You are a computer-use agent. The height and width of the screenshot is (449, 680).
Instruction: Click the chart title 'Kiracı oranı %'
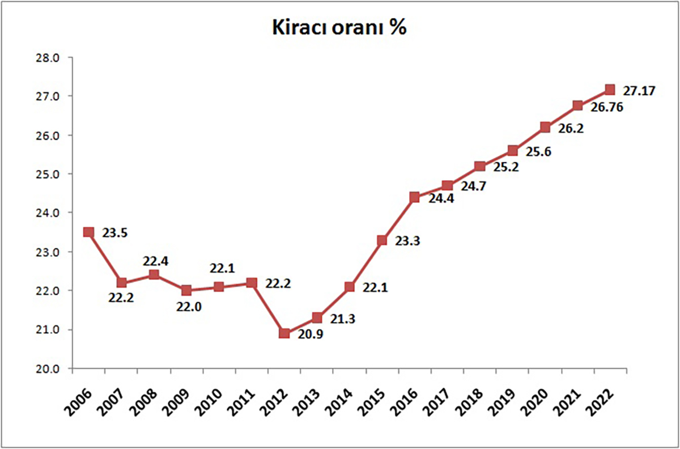coord(339,28)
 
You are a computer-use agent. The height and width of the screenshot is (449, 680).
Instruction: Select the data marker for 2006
coord(88,232)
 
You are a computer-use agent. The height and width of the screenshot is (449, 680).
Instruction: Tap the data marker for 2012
coord(284,333)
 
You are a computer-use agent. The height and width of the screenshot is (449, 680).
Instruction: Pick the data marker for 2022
coord(610,89)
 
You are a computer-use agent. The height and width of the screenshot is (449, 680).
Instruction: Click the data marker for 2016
coord(414,197)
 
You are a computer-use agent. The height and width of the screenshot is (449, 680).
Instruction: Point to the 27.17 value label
coord(639,90)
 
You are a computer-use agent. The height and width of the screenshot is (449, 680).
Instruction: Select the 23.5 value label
coord(115,232)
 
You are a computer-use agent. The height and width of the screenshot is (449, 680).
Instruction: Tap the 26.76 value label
coord(606,107)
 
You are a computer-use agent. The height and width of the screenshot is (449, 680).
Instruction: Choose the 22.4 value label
coord(156,261)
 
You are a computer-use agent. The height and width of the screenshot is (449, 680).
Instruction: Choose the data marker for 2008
coord(154,275)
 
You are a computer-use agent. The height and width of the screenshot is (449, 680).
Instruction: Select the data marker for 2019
coord(512,150)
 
